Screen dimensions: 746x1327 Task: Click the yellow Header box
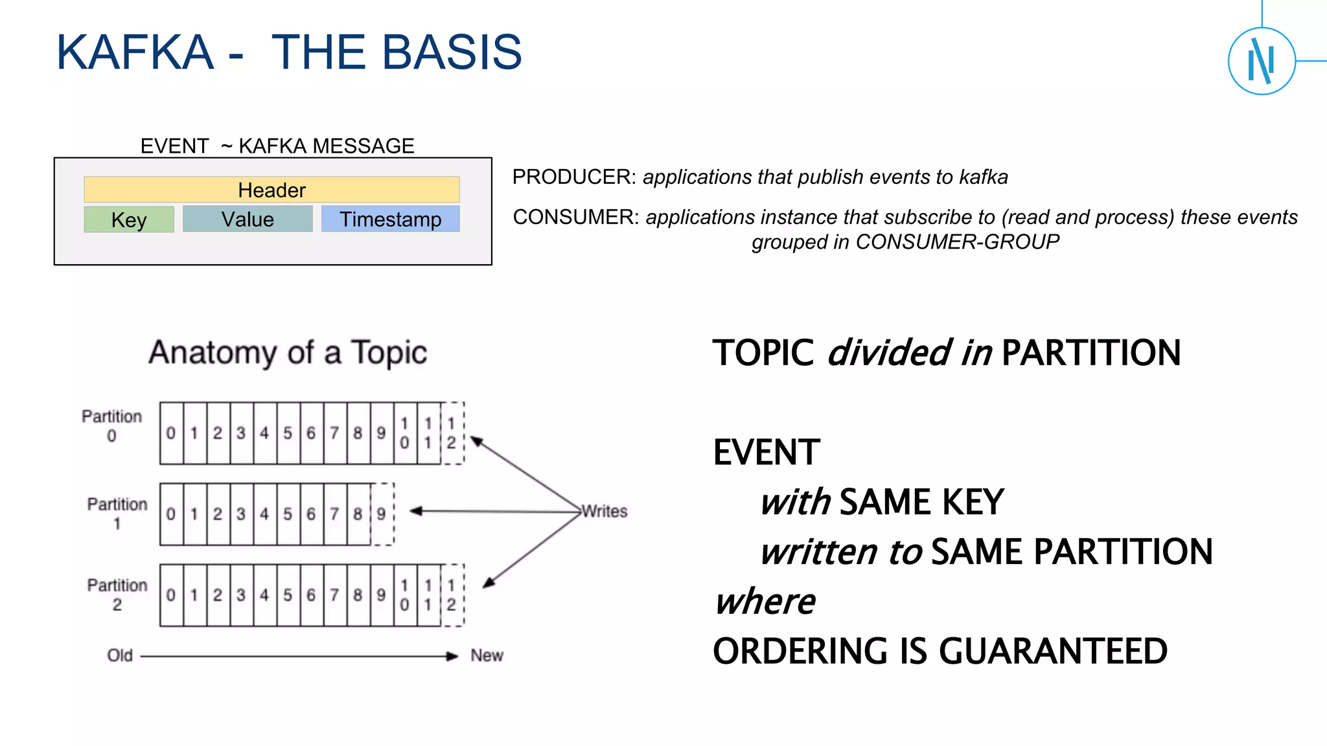coord(271,190)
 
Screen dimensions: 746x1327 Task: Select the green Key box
coord(129,220)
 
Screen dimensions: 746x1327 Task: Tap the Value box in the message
coord(248,219)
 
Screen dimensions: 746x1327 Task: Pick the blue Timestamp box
coord(390,219)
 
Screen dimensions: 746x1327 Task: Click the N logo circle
coord(1261,62)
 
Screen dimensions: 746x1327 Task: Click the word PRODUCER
coord(572,177)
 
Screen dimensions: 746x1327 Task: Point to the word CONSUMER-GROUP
coord(957,242)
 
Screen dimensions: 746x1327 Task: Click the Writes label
coord(605,512)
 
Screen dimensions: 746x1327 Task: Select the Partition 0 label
coord(111,425)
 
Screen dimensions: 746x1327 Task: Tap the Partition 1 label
coord(117,514)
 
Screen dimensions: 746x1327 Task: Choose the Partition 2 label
coord(117,594)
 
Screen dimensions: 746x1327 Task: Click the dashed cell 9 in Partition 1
coord(382,514)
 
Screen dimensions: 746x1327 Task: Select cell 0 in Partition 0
coord(171,433)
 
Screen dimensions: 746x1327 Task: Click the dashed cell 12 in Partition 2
coord(452,595)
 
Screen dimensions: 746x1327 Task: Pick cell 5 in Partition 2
coord(288,595)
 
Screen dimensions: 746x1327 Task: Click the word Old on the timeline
coord(120,655)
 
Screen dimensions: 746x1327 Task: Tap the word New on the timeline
coord(487,655)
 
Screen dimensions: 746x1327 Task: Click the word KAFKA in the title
coord(135,52)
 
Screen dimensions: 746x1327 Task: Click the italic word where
coord(765,602)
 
